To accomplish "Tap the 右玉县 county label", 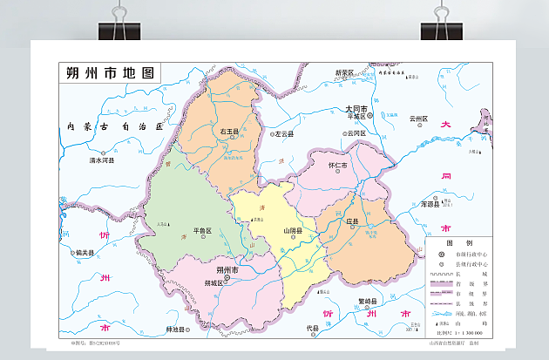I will pos(229,132).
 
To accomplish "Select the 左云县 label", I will pos(283,134).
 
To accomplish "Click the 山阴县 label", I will pos(293,231).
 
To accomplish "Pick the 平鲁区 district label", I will pos(202,231).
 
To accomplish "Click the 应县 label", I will pos(353,222).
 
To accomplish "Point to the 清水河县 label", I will pos(102,160).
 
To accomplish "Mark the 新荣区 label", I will pos(345,72).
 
